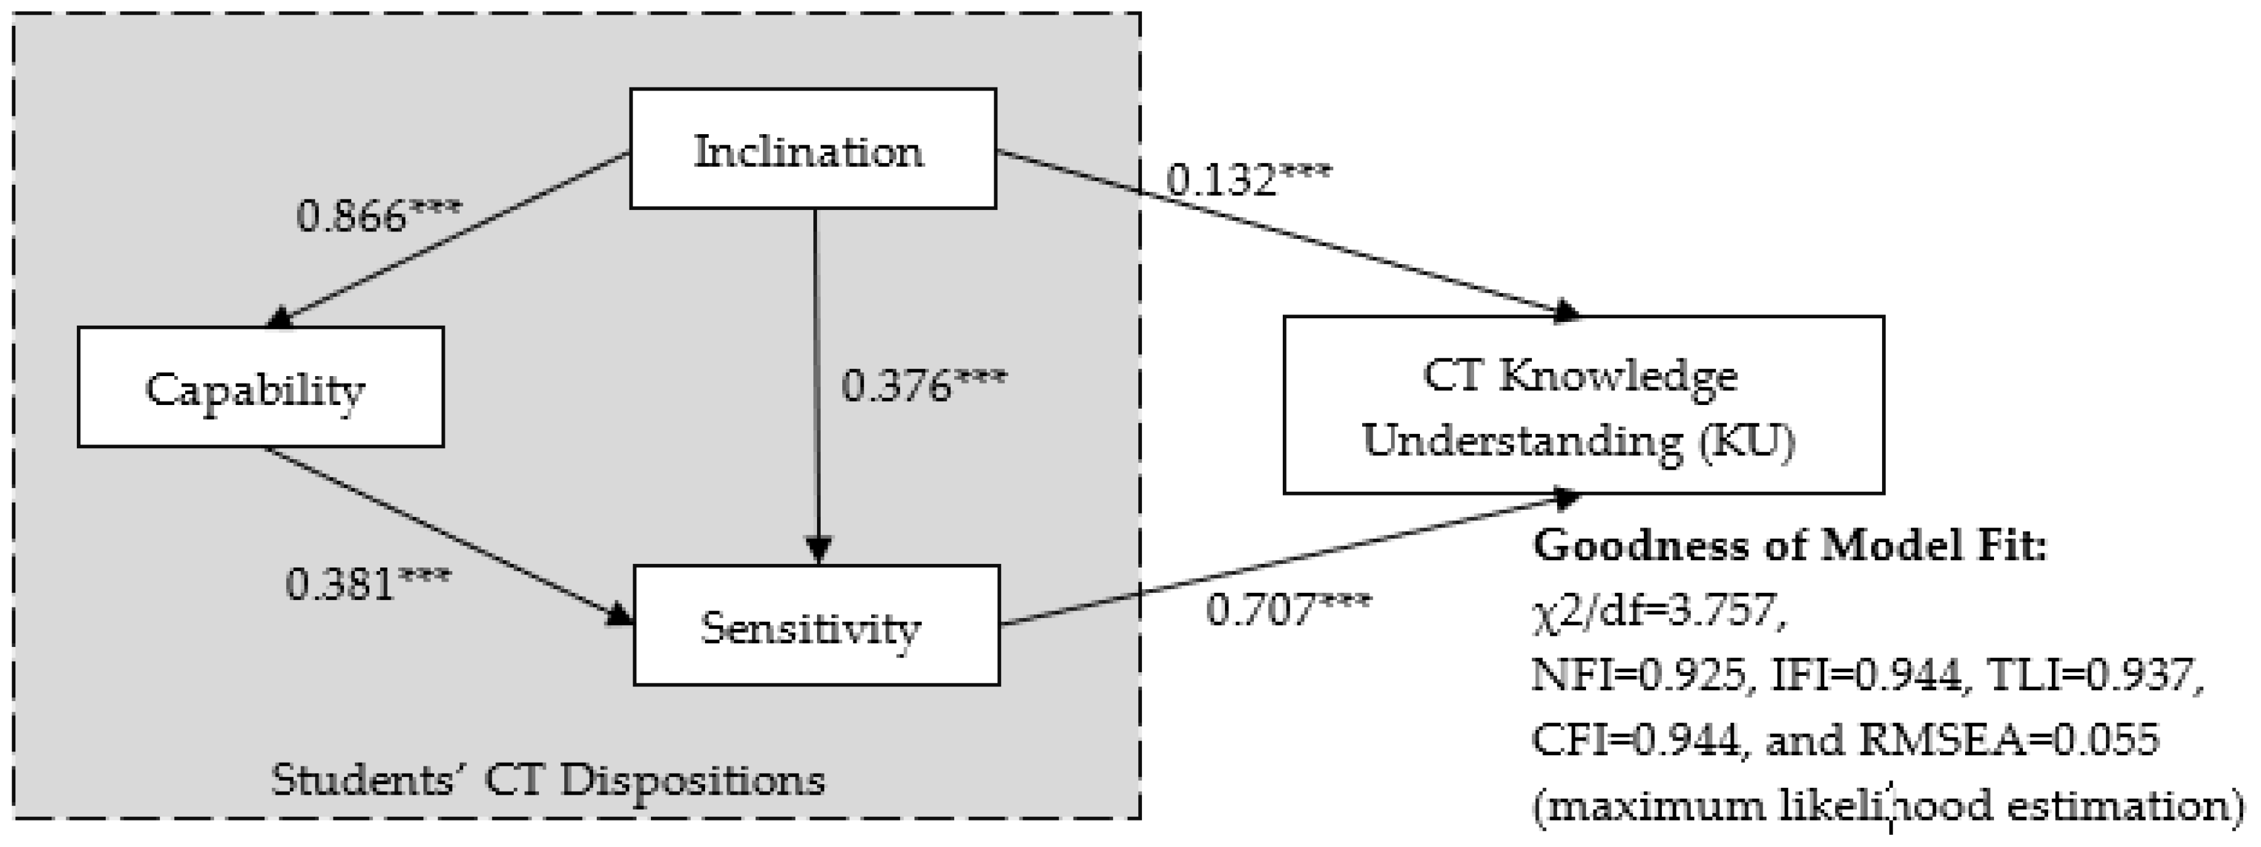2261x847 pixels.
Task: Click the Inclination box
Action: click(812, 149)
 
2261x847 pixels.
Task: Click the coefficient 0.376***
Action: click(923, 383)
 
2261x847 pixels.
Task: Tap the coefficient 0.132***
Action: click(1247, 179)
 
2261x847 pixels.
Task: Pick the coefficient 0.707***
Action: click(1286, 608)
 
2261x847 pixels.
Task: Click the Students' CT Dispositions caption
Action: click(548, 779)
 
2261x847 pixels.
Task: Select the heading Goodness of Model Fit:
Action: click(1788, 546)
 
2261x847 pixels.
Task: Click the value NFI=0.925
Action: click(1638, 674)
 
